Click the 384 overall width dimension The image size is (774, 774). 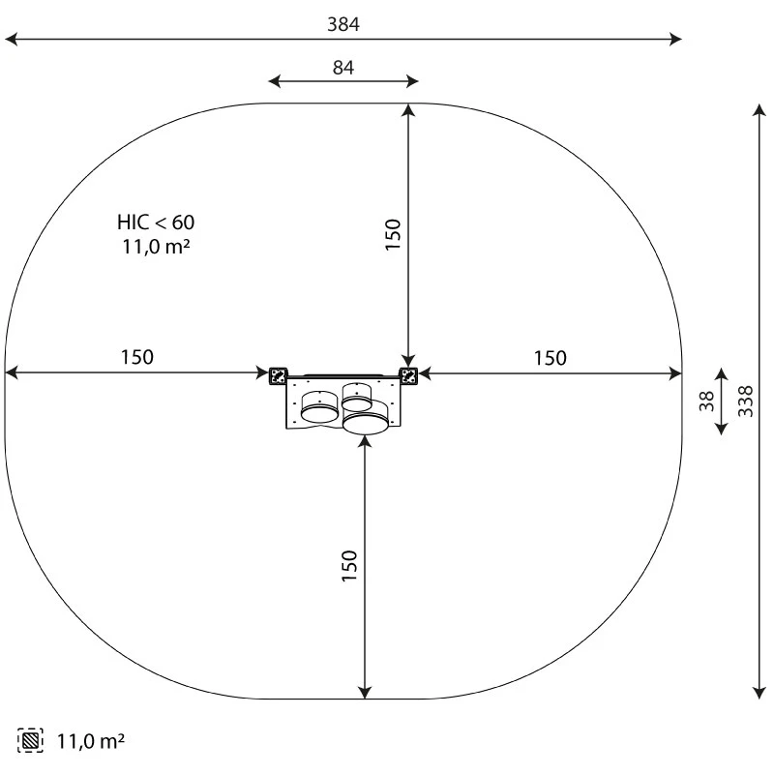[342, 25]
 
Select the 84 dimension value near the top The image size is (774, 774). [343, 68]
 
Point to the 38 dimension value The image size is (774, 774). [706, 400]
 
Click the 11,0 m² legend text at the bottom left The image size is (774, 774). [90, 742]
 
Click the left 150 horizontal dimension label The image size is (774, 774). [136, 357]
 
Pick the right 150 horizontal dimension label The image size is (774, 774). [550, 359]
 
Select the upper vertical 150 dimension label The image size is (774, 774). [393, 235]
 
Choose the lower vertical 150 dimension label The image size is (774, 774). [349, 566]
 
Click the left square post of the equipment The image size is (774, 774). [279, 374]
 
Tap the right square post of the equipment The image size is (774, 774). [409, 374]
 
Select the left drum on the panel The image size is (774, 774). [319, 408]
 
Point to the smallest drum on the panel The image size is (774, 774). [357, 397]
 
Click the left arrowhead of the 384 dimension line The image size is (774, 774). [10, 40]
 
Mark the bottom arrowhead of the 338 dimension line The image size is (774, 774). [759, 693]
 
